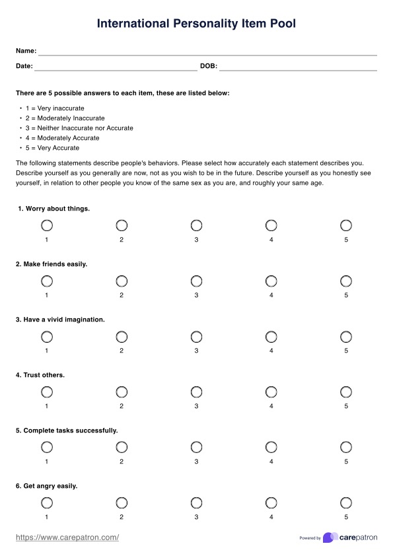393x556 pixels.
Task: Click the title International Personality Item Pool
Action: pos(196,24)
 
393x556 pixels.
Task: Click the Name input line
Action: pos(207,52)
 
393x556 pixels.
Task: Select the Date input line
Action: pos(116,67)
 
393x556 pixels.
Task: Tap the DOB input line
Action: pos(298,67)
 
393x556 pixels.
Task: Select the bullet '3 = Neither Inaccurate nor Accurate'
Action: pos(79,128)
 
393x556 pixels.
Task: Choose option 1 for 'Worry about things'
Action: pos(47,225)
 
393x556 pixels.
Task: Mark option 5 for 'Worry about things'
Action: pos(346,225)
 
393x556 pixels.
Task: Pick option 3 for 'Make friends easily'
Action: pos(196,281)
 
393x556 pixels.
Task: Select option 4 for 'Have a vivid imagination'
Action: pos(271,336)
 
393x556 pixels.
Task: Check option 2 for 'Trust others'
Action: pos(122,392)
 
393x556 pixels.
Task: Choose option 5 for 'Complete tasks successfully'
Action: pos(346,447)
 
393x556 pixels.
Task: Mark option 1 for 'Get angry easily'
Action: pos(47,503)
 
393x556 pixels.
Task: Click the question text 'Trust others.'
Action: pos(40,375)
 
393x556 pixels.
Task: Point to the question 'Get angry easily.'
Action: pos(47,486)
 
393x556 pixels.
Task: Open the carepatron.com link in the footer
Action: pos(67,538)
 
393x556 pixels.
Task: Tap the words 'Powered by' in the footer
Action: pos(310,538)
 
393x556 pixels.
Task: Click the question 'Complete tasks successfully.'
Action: pos(67,431)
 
